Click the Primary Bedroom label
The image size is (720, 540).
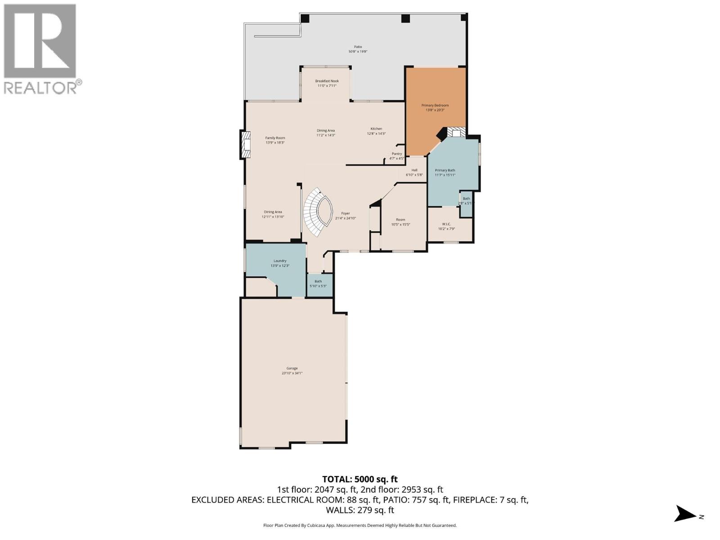click(x=435, y=105)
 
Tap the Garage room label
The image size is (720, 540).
click(x=292, y=368)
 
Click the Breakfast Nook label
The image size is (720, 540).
click(x=327, y=81)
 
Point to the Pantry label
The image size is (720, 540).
click(x=396, y=154)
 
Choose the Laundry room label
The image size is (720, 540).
click(x=280, y=261)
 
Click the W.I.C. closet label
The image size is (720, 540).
click(x=446, y=224)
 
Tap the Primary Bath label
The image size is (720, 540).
click(x=445, y=170)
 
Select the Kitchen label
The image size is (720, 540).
click(x=376, y=129)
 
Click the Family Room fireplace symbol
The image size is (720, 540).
click(x=246, y=144)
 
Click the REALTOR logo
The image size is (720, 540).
click(x=40, y=49)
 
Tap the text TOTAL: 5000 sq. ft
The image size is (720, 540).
click(x=360, y=479)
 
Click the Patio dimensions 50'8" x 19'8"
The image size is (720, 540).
click(x=358, y=52)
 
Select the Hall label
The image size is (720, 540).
click(x=414, y=170)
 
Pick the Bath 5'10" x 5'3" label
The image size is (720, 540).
click(x=318, y=283)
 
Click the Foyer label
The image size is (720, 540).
click(x=345, y=213)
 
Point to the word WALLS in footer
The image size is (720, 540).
click(x=340, y=510)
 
